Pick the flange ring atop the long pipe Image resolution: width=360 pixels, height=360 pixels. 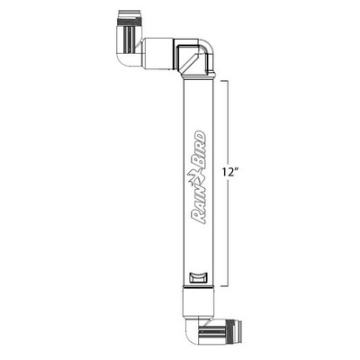(x=197, y=78)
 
